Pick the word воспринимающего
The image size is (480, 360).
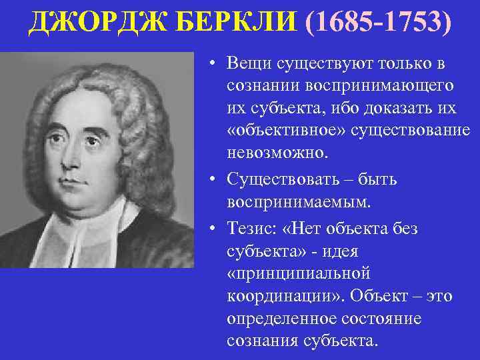coord(341,86)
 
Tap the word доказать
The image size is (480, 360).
coord(386,109)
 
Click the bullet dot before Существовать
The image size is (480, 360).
coord(211,179)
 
